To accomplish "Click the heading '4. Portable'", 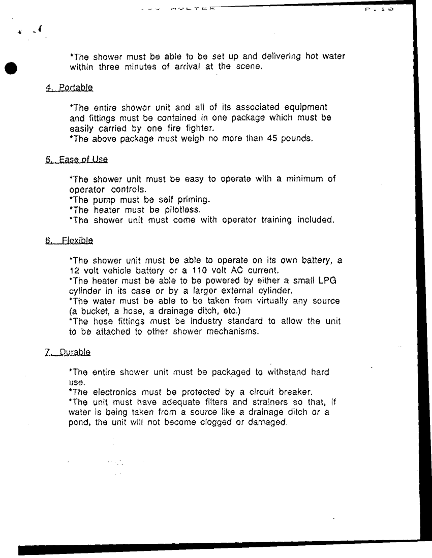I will tap(69, 87).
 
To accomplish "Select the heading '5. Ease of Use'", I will tap(76, 159).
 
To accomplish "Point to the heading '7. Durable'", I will tap(68, 352).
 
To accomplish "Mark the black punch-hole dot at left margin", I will tap(10, 69).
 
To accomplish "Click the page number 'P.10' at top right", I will tap(379, 9).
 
